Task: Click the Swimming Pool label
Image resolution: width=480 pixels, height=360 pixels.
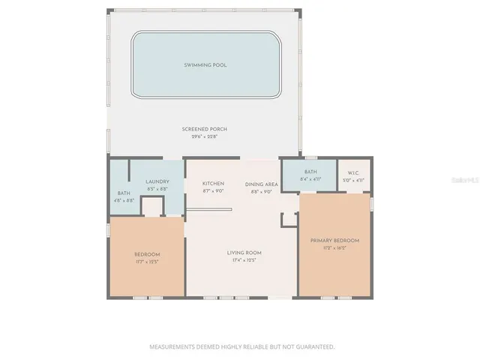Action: (205, 65)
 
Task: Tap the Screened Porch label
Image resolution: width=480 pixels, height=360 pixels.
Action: (204, 129)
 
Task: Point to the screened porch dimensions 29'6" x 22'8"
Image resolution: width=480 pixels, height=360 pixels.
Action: (204, 136)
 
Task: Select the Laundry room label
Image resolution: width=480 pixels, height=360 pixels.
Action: (157, 181)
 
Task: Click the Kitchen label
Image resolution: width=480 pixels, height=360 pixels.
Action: (214, 184)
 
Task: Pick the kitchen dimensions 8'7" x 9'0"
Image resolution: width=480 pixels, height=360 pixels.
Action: (214, 190)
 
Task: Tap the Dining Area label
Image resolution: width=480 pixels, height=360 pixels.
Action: (262, 184)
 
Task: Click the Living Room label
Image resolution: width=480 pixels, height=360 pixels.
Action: (244, 253)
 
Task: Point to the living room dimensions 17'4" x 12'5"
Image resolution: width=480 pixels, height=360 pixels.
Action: (244, 260)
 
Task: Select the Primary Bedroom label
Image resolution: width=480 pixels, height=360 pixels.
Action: (334, 240)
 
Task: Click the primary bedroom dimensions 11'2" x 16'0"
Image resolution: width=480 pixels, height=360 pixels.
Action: (334, 247)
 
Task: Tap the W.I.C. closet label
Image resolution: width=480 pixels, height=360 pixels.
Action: (354, 172)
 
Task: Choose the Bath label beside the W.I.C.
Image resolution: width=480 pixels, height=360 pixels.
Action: (310, 172)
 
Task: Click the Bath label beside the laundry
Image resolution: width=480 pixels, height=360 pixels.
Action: (124, 193)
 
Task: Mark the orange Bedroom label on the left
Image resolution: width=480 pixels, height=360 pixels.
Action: (147, 254)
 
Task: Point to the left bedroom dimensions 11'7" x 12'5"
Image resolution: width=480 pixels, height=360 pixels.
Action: (147, 262)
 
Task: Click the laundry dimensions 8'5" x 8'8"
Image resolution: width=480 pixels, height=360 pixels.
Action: (157, 188)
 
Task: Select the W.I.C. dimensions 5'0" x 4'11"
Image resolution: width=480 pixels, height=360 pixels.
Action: (354, 180)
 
